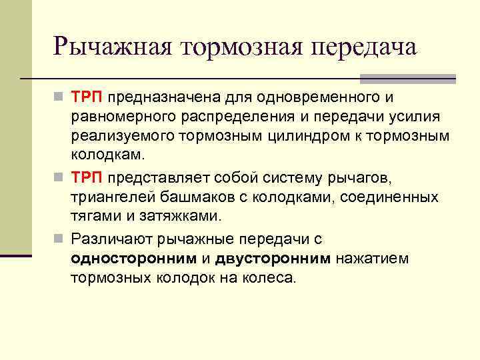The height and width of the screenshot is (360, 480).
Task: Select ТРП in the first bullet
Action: pos(87,99)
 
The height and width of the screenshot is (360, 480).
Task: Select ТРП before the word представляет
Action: pos(87,179)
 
